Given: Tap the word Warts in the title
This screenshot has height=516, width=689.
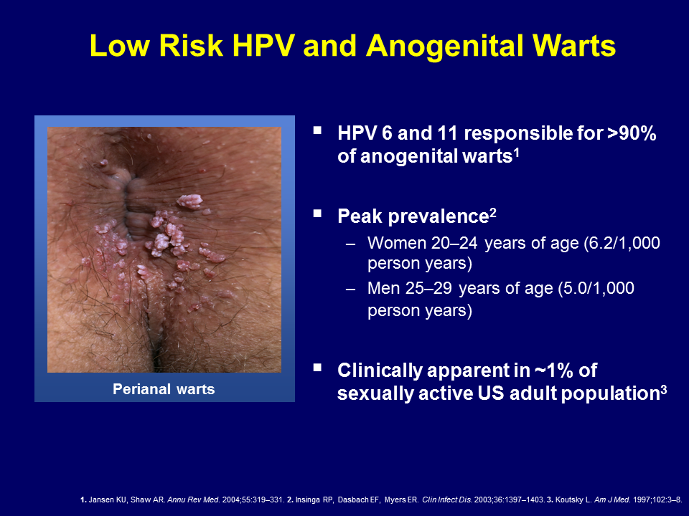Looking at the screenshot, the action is (571, 45).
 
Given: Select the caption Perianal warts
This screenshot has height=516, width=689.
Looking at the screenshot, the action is (164, 389).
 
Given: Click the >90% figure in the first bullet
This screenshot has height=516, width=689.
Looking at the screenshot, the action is (632, 133).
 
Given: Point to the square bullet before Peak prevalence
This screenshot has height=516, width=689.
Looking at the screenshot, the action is (318, 214).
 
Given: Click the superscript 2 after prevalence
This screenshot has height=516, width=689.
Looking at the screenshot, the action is (493, 212).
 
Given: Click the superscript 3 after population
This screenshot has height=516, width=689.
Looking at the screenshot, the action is (663, 389).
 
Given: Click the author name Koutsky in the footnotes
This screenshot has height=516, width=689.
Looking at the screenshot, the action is (568, 500).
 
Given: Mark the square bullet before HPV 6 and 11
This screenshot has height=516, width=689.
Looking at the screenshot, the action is (318, 130).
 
